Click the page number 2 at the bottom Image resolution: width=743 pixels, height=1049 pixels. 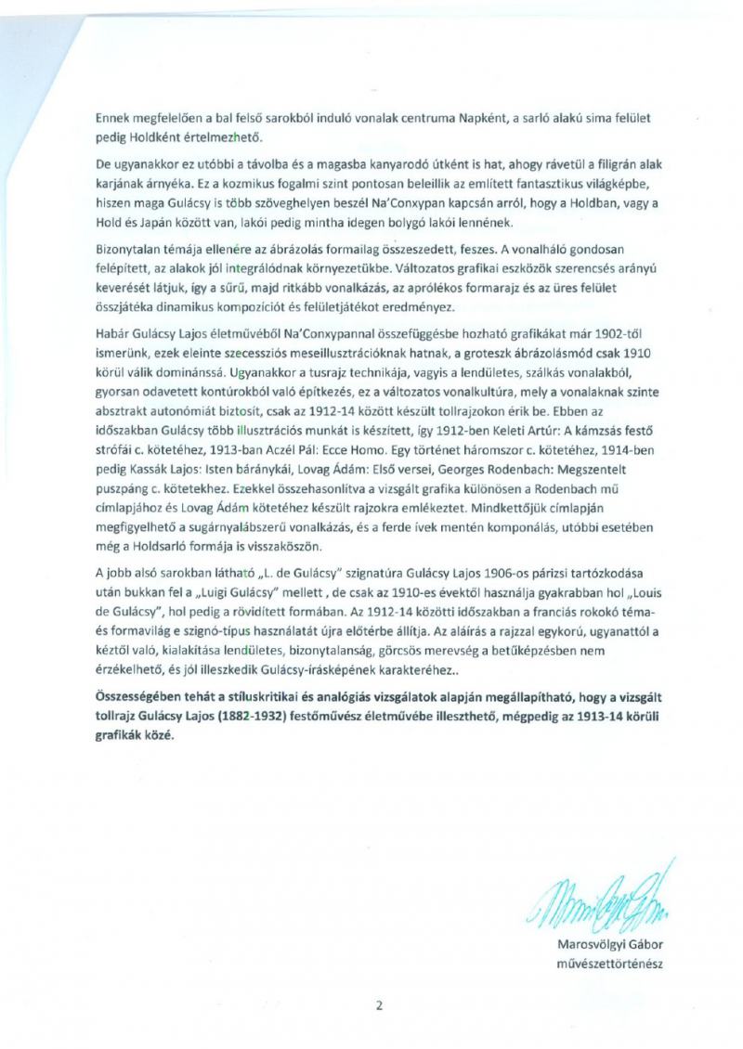(x=379, y=1004)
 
